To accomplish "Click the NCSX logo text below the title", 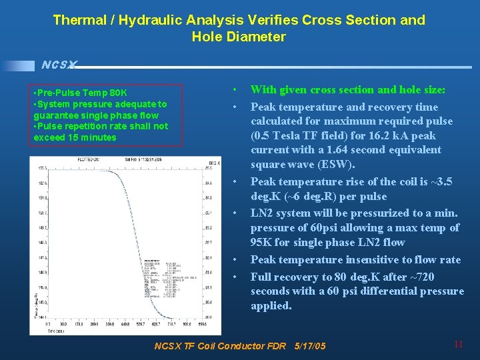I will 59,65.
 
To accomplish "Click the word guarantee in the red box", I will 55,115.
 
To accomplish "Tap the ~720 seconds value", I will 416,276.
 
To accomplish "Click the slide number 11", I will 458,345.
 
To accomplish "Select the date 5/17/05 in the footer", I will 309,346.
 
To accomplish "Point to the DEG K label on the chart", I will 214,162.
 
